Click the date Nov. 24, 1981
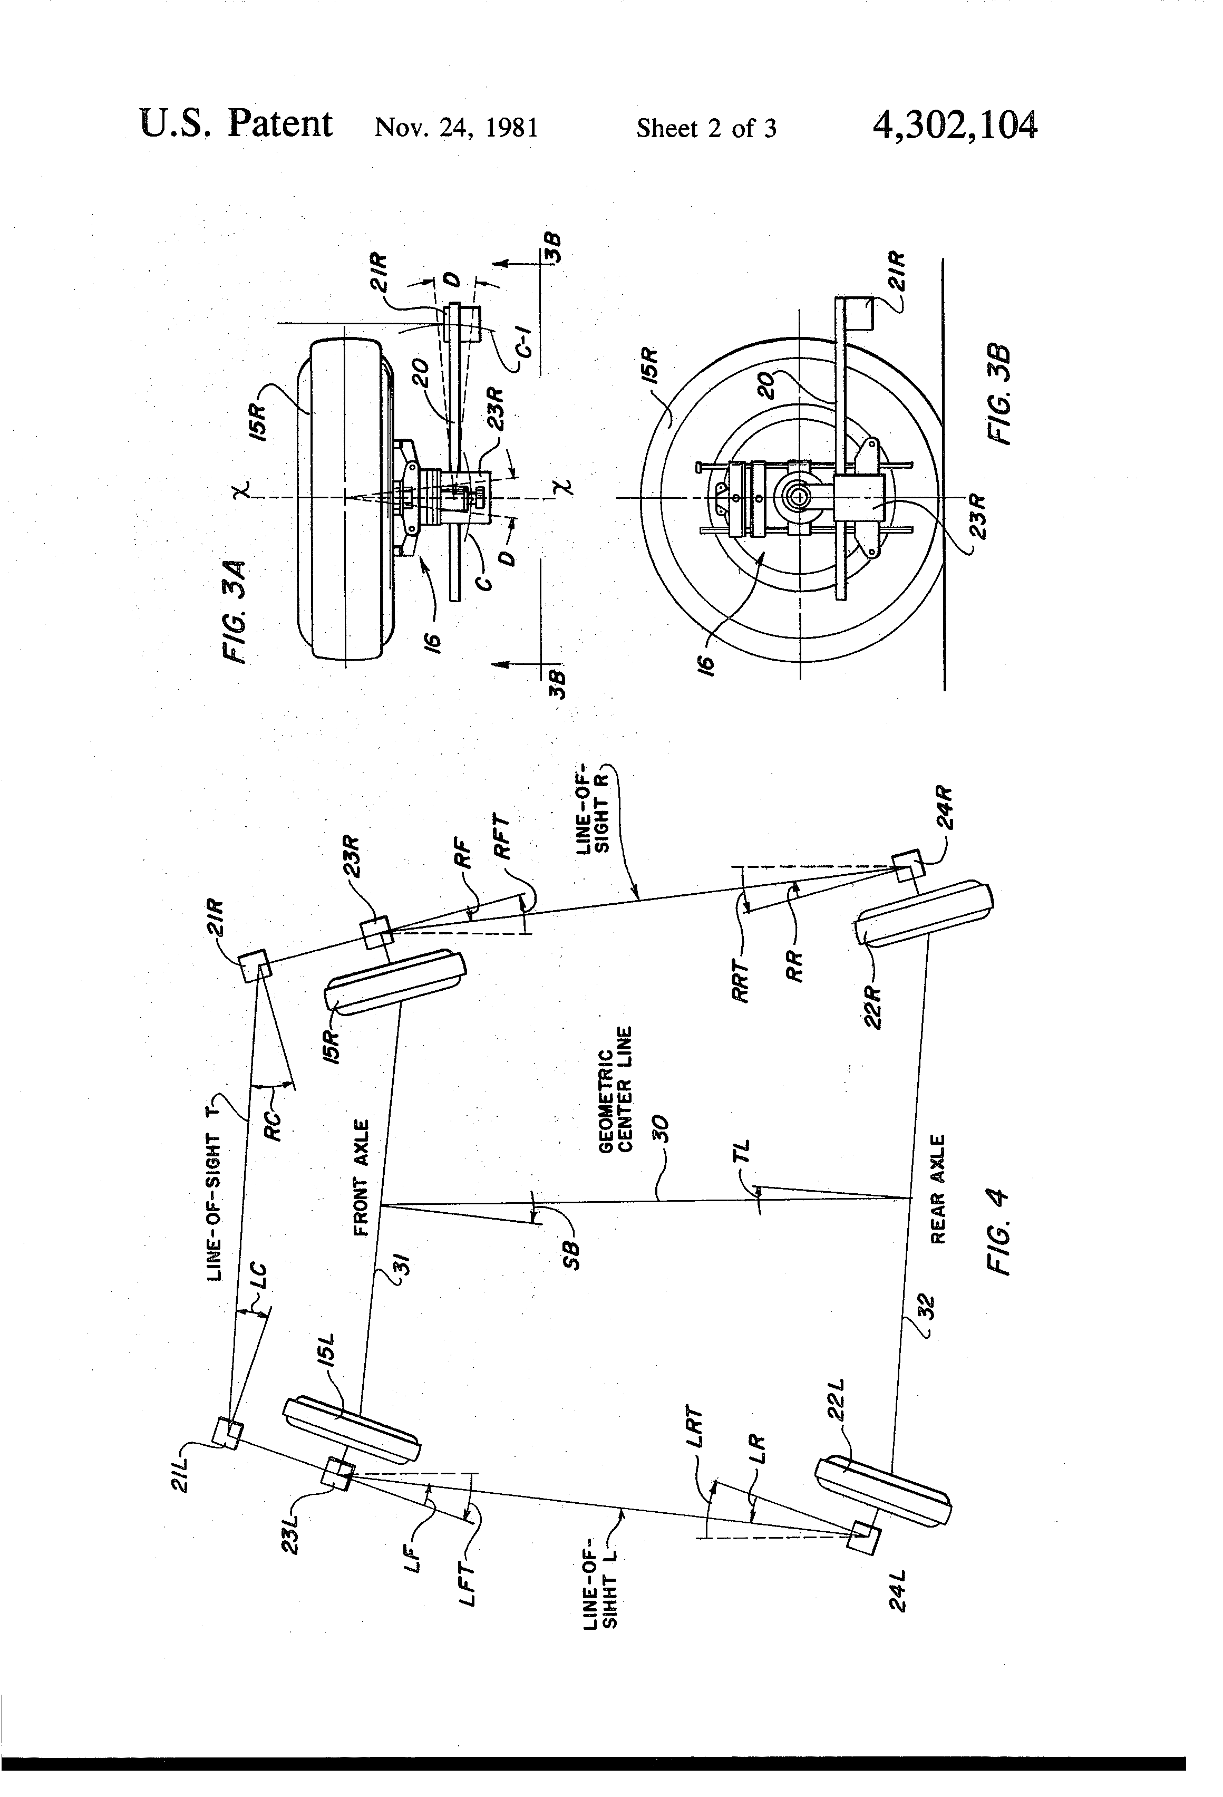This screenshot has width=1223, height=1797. tap(456, 127)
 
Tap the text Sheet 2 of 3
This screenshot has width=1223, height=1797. tap(706, 128)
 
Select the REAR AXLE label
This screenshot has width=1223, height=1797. tap(938, 1189)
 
